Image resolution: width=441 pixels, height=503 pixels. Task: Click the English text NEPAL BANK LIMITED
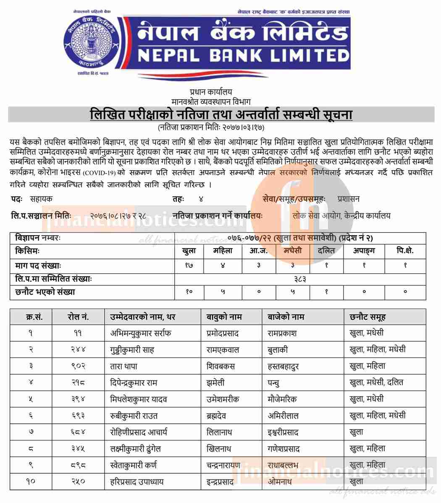point(242,55)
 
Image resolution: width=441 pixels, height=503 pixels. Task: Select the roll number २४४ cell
point(78,350)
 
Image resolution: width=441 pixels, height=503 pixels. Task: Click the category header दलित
point(326,251)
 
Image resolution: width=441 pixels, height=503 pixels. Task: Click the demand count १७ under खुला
point(189,265)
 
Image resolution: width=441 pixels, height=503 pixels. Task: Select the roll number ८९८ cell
point(78,465)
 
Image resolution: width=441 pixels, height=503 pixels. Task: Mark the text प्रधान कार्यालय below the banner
point(210,92)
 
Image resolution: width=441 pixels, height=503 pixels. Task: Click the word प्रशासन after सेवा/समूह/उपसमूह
point(348,199)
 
